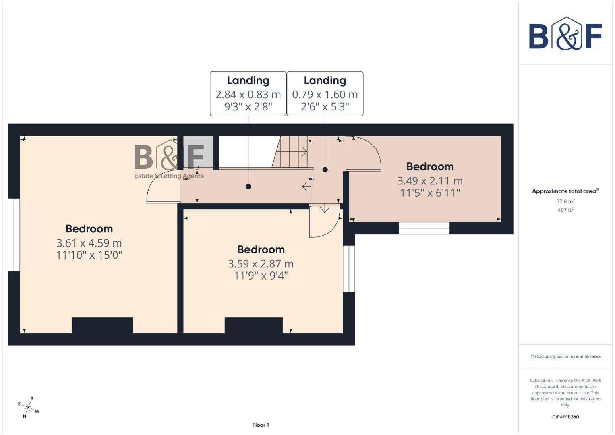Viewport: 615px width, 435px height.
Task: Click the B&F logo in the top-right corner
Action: (x=565, y=34)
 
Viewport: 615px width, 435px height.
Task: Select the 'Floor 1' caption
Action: (x=261, y=425)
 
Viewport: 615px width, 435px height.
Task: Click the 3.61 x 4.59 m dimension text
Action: (x=89, y=243)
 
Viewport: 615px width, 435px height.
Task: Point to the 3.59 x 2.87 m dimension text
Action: (x=261, y=264)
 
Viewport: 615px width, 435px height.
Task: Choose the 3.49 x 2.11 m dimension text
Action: (x=430, y=181)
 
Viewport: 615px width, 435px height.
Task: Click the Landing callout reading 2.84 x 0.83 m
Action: (x=248, y=94)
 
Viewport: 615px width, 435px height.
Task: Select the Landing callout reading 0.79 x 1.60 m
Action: (x=325, y=94)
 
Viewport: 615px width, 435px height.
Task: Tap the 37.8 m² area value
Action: (x=565, y=201)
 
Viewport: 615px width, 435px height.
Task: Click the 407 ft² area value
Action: (x=565, y=210)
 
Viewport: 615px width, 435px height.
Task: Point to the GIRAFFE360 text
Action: (x=565, y=417)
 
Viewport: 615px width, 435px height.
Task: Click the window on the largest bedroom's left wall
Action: (x=14, y=234)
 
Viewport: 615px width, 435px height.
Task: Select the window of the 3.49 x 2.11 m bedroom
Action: (x=424, y=228)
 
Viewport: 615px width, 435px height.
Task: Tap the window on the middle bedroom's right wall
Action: (x=349, y=269)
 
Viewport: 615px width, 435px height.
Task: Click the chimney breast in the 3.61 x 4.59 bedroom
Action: (x=102, y=325)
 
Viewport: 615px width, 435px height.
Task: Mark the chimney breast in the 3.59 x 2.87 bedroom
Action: (x=253, y=325)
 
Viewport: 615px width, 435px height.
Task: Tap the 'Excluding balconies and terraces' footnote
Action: (x=565, y=356)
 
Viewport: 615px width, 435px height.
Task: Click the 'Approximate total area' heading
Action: (x=565, y=191)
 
